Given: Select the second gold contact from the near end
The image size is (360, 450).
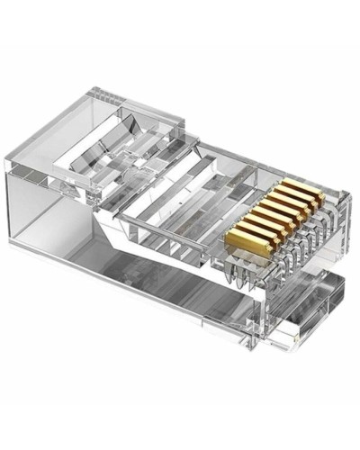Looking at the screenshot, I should [243, 233].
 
